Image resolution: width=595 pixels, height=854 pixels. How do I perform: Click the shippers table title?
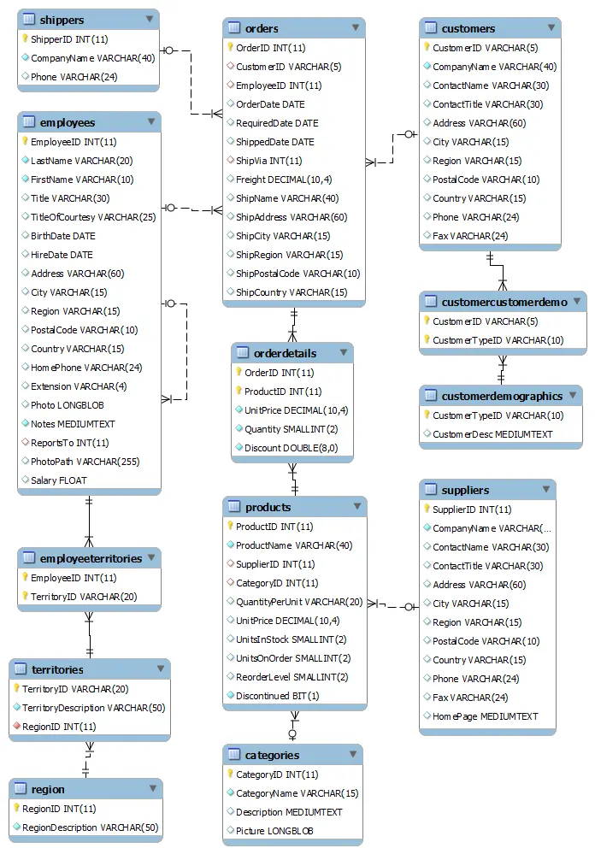pos(62,20)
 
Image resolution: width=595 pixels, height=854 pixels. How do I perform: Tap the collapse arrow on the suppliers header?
pos(545,490)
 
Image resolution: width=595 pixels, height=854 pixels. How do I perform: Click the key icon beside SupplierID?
pos(427,509)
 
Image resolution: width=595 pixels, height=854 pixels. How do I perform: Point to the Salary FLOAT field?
pos(58,480)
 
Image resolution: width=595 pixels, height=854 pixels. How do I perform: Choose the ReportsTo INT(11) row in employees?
pos(69,443)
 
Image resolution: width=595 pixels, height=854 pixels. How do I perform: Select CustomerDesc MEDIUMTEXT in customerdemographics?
pos(492,434)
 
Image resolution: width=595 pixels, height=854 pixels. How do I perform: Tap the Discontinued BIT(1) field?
pos(277,696)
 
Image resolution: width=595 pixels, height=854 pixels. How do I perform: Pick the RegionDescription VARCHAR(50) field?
pos(90,827)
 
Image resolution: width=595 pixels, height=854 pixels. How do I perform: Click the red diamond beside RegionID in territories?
pos(16,727)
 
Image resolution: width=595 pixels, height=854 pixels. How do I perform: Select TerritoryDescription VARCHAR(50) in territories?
pos(94,708)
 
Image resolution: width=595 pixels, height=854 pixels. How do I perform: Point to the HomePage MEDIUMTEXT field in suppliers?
pos(485,716)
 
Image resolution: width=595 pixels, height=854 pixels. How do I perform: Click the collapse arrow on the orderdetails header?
pos(344,353)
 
